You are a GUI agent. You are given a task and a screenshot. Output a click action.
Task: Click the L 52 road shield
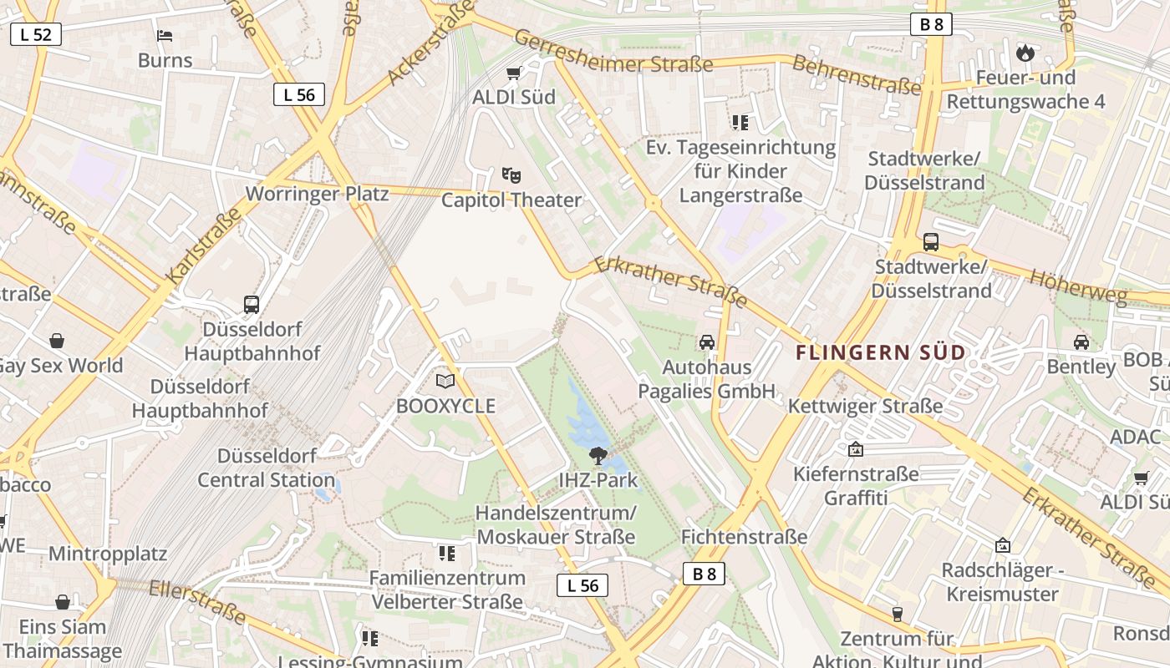36,34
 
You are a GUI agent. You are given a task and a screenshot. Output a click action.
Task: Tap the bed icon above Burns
165,36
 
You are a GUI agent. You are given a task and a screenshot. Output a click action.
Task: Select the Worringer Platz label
317,194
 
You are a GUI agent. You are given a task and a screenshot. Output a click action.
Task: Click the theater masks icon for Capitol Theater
511,175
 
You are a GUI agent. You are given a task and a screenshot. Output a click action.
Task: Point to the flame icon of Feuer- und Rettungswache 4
1025,53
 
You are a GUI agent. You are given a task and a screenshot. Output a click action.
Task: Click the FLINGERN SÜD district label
881,352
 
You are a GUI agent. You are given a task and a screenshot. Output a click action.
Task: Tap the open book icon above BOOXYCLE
445,382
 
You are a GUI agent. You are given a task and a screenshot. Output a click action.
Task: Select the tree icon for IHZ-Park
598,455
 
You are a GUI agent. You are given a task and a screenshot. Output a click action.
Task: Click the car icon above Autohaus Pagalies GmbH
707,342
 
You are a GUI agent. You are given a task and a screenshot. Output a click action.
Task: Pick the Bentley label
1081,367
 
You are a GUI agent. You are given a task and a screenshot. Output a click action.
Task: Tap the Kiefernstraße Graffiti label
856,486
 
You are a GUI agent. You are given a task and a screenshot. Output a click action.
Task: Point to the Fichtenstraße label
745,536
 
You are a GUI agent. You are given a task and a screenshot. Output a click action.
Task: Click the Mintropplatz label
108,554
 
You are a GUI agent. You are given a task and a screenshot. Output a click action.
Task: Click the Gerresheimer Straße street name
613,52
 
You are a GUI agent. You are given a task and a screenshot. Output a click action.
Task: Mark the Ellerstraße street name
197,602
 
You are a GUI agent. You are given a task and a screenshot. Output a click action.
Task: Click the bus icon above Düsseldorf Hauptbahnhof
252,305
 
